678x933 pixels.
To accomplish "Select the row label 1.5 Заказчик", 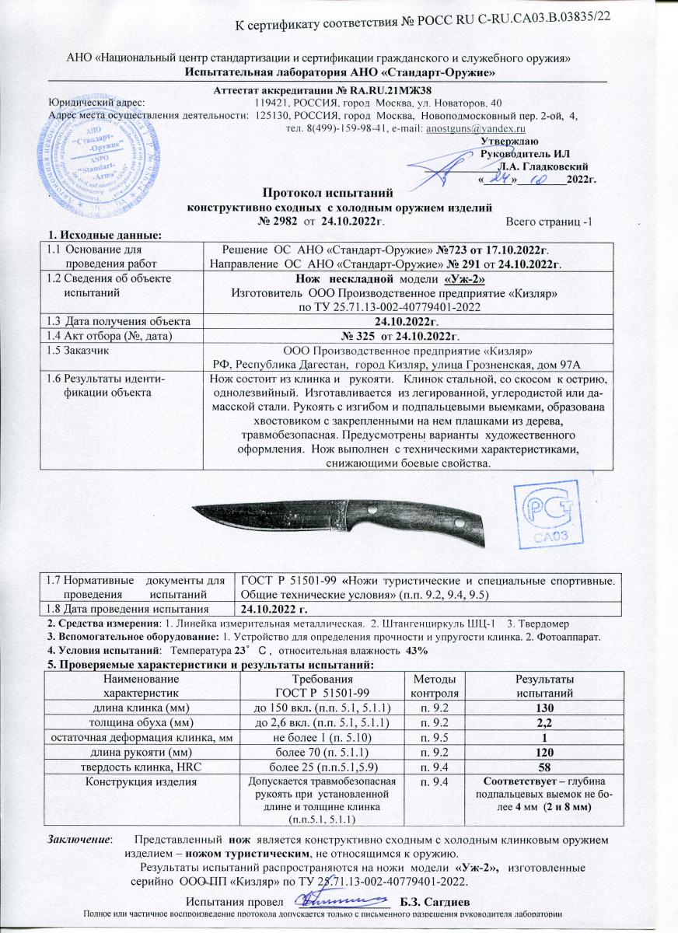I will pyautogui.click(x=78, y=350).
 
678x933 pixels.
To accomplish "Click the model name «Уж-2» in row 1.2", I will pyautogui.click(x=465, y=278).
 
